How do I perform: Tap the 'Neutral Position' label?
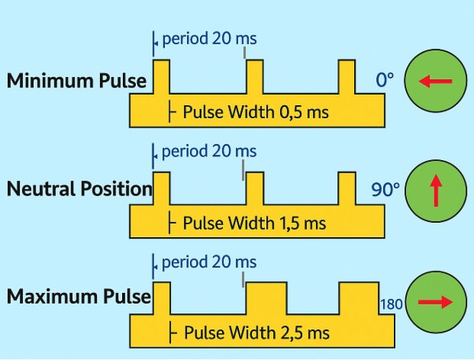pos(79,188)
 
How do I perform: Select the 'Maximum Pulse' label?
pos(79,296)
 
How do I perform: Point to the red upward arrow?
pos(435,191)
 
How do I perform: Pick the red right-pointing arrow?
pos(435,302)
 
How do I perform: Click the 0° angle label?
pos(385,79)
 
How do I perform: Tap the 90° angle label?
pos(385,188)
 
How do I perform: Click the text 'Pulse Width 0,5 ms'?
pos(256,113)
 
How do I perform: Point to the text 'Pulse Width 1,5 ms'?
pos(254,223)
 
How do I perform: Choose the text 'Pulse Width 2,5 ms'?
pos(256,333)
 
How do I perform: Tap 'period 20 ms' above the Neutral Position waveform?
pos(208,151)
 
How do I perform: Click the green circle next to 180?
pos(435,302)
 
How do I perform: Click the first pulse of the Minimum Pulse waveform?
pos(161,77)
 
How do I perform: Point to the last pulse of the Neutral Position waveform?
pos(348,188)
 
